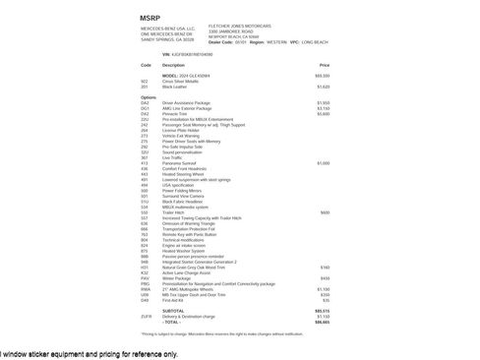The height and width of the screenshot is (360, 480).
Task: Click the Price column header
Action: coord(324,64)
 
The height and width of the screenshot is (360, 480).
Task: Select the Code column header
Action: coord(146,64)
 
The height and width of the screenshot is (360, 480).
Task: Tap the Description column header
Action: coord(173,64)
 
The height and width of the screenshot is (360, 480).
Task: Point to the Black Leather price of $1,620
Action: coord(324,87)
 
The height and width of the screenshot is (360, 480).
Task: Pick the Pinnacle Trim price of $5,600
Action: coord(324,113)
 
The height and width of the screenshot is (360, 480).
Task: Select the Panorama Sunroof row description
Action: coord(181,163)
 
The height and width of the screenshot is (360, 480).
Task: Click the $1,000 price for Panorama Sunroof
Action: coord(324,163)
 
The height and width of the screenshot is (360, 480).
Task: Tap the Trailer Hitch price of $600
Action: coord(325,212)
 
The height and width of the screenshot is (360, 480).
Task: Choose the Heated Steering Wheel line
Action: coord(185,174)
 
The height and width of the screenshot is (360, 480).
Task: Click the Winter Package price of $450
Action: coord(325,278)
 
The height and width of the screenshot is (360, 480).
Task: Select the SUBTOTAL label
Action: coord(173,310)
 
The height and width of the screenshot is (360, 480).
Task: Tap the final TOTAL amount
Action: coord(323,322)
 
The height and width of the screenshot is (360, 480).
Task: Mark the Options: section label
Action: coord(149,97)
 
